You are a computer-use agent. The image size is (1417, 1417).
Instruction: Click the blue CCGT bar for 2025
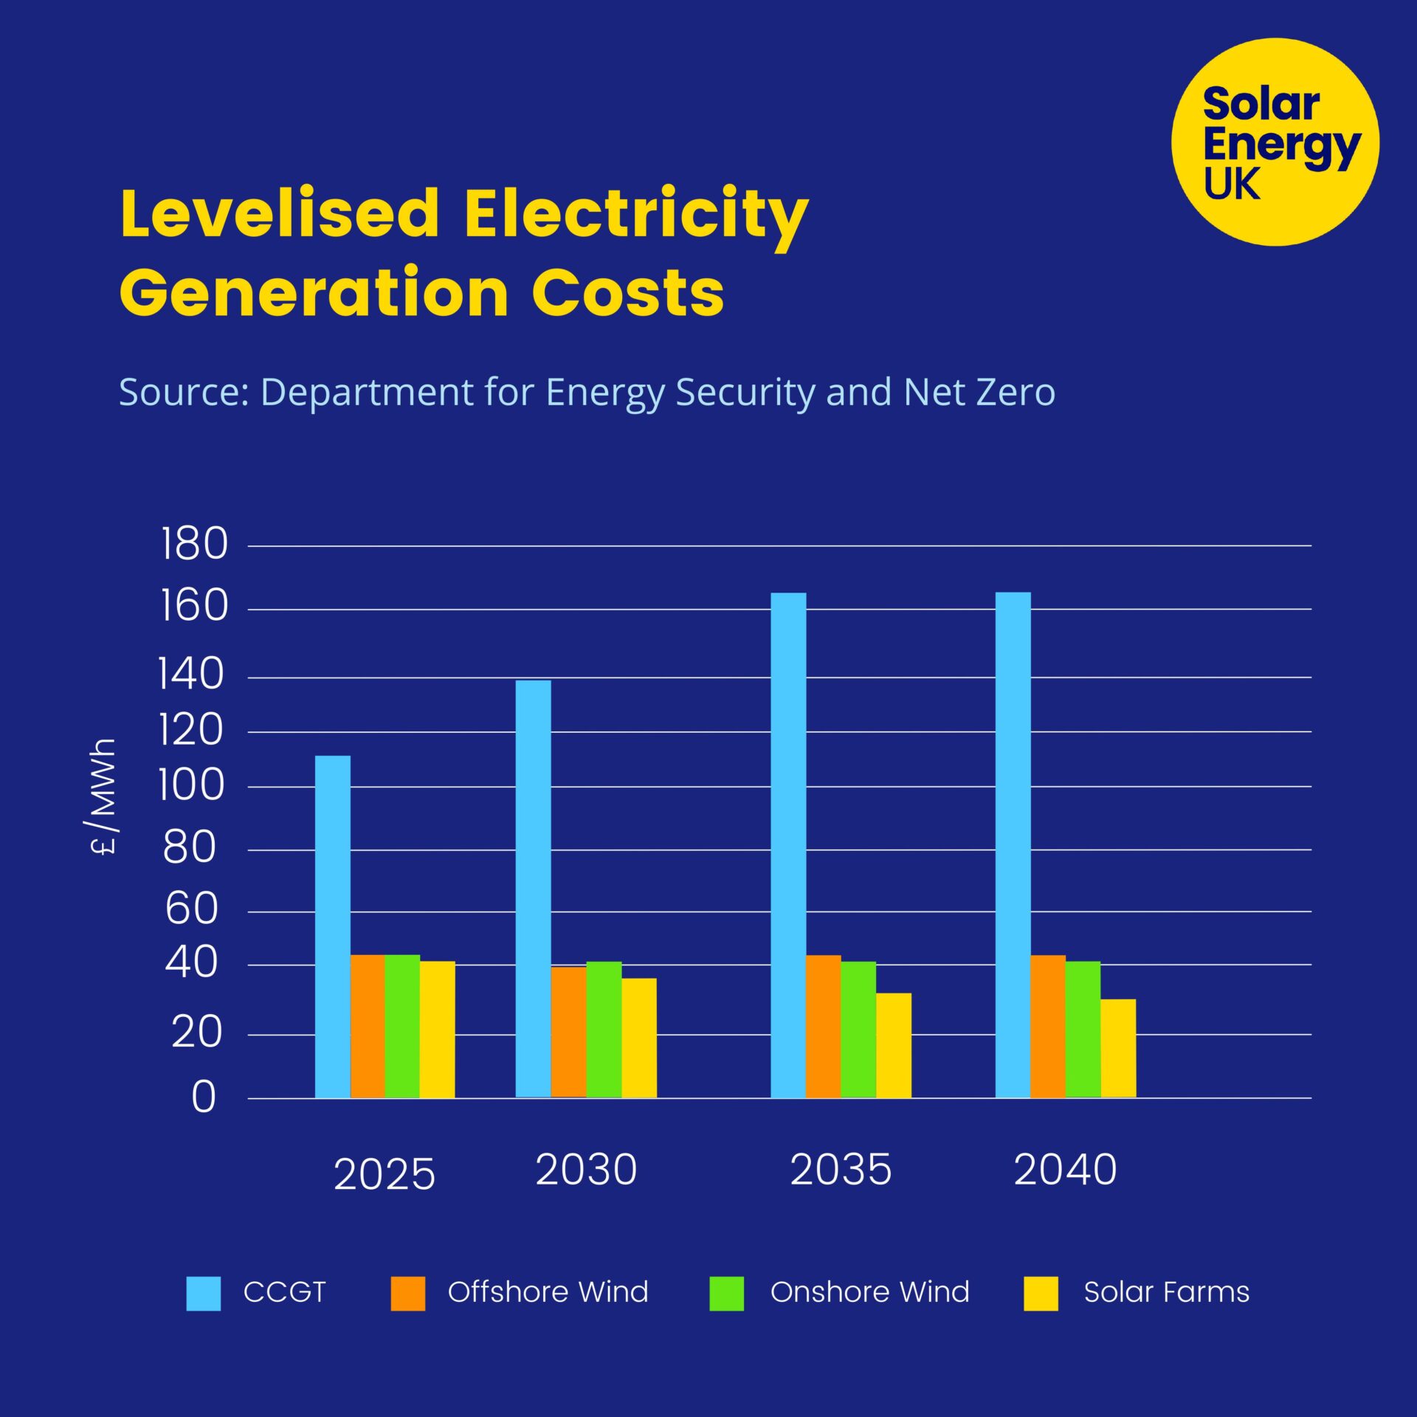click(x=332, y=926)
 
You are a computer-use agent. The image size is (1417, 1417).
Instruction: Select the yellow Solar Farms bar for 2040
click(x=1118, y=1048)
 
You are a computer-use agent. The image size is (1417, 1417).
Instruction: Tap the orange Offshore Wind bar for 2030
click(x=568, y=1032)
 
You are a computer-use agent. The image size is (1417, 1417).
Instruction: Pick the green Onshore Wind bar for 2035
click(x=858, y=1030)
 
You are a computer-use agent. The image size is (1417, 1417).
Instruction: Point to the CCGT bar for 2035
click(x=788, y=845)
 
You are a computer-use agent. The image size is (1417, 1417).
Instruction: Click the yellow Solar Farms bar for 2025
click(x=437, y=1030)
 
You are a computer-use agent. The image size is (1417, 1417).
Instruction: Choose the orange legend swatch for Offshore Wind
click(x=407, y=1293)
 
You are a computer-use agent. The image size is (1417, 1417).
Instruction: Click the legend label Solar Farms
click(x=1166, y=1292)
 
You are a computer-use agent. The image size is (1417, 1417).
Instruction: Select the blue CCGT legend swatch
click(x=203, y=1293)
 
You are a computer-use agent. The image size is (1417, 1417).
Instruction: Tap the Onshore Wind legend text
click(x=869, y=1292)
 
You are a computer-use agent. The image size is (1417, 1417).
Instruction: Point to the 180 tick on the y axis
click(x=194, y=545)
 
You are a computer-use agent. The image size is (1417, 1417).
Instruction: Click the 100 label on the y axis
click(x=191, y=786)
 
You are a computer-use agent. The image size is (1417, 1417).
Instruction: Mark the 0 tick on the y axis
click(x=204, y=1097)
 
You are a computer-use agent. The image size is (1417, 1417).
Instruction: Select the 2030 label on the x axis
click(x=586, y=1170)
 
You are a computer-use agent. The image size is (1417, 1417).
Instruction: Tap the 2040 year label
click(x=1065, y=1170)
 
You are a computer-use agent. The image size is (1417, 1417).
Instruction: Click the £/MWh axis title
click(x=103, y=796)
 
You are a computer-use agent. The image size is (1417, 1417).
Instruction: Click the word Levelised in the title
click(x=280, y=214)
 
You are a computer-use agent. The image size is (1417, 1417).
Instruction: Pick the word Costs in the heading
click(x=627, y=293)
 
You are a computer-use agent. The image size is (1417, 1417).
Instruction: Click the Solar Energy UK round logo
click(x=1275, y=142)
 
